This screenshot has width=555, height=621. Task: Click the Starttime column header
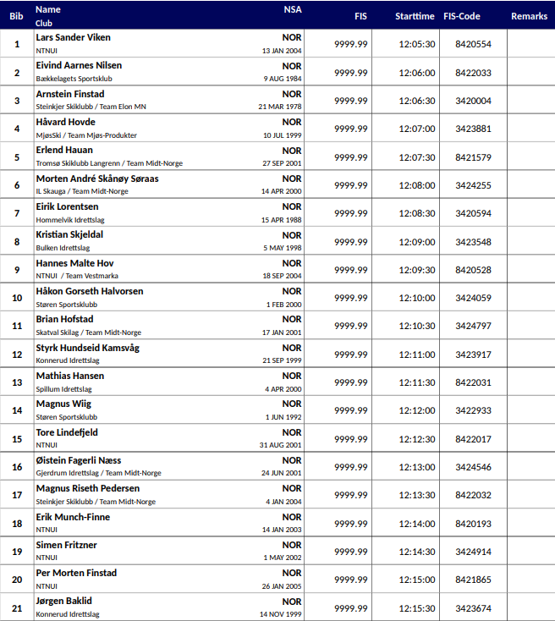coord(415,16)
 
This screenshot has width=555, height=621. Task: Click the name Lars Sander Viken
coord(73,37)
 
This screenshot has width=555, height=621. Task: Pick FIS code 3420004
coord(473,101)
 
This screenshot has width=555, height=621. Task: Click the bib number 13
coord(17,382)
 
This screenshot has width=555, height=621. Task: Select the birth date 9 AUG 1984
coord(283,79)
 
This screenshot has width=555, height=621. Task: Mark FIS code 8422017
coord(473,439)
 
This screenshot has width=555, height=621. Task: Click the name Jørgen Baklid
coord(64,602)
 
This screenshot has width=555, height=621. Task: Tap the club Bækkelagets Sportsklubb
coord(74,79)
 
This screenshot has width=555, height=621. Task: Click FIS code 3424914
coord(473,552)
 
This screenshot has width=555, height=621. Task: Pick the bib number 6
coord(17,185)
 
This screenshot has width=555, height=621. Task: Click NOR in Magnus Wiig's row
coord(292,404)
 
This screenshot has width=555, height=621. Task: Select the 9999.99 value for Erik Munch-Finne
coord(351,524)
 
